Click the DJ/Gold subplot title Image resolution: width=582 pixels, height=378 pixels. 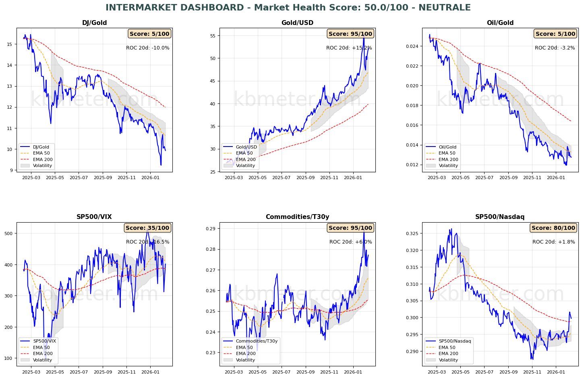pos(94,23)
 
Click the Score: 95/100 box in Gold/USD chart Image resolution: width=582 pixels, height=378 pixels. pos(350,34)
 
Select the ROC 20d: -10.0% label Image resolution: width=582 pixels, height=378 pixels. pos(147,48)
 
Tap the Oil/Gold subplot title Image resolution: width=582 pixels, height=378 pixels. pos(500,23)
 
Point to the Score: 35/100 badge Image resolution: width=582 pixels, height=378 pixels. pos(147,228)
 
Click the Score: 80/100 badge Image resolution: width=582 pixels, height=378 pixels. pos(553,228)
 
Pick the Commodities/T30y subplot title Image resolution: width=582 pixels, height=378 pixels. pos(297,217)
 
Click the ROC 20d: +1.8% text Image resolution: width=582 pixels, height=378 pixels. pos(553,242)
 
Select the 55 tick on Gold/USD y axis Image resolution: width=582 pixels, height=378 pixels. pos(213,36)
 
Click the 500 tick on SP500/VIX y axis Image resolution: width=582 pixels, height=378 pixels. pos(9,233)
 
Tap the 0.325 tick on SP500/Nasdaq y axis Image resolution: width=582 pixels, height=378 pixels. pos(413,233)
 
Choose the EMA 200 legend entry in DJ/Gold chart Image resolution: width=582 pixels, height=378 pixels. pos(43,159)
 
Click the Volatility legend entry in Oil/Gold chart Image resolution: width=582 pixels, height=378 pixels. pos(448,165)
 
